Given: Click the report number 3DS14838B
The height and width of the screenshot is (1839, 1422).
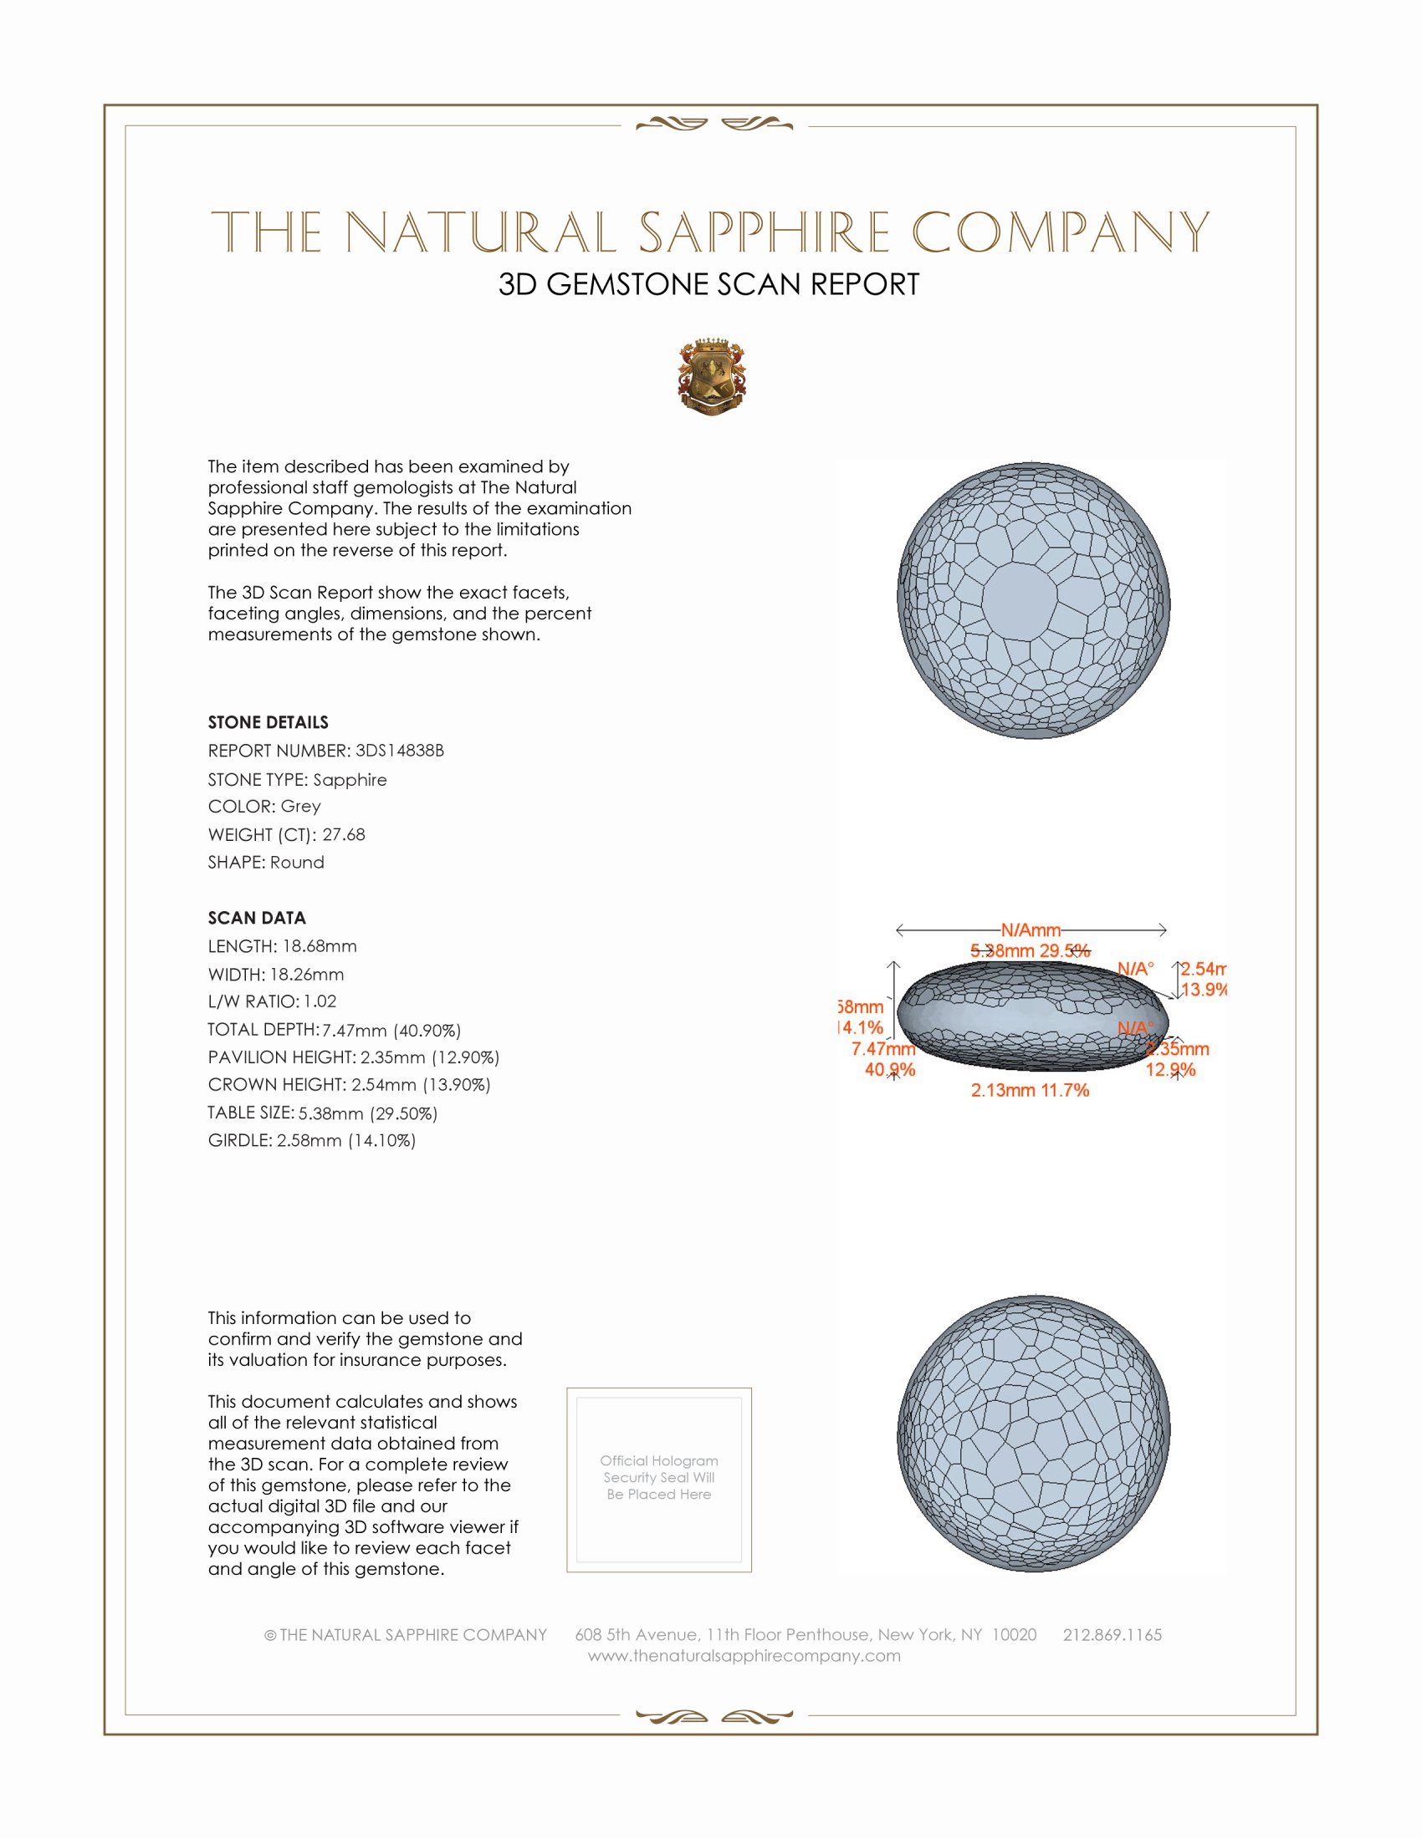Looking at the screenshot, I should coord(399,751).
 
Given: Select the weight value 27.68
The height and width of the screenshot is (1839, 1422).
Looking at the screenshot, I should coord(344,834).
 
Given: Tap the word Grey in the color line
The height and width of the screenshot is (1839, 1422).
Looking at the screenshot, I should coord(301,806).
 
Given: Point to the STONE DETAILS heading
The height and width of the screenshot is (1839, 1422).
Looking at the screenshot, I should coord(268,722).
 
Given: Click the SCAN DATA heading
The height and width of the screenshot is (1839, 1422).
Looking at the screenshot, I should coord(257,918).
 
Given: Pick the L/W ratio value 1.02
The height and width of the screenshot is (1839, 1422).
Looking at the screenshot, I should coord(320,1001).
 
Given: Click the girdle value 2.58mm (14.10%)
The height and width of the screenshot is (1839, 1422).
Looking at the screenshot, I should coord(346,1140).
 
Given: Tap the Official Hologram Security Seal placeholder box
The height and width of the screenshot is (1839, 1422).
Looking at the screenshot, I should coord(659,1480).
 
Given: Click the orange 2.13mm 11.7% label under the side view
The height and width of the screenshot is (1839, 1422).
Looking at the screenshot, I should coord(1030,1090).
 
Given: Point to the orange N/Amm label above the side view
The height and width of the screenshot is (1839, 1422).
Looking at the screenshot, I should coord(1031,930).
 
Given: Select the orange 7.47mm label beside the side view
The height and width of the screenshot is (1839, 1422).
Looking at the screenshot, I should coord(882,1048).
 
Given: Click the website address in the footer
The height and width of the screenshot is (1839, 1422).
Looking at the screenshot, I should coord(744,1655).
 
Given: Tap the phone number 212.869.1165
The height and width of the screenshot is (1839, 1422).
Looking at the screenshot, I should coord(1112,1634).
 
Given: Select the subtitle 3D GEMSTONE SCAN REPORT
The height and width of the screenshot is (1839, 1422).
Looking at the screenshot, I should coord(708,284).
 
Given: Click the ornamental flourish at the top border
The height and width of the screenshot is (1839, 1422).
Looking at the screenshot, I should coord(714,125).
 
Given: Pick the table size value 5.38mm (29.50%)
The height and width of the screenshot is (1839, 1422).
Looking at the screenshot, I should coord(367,1113).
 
